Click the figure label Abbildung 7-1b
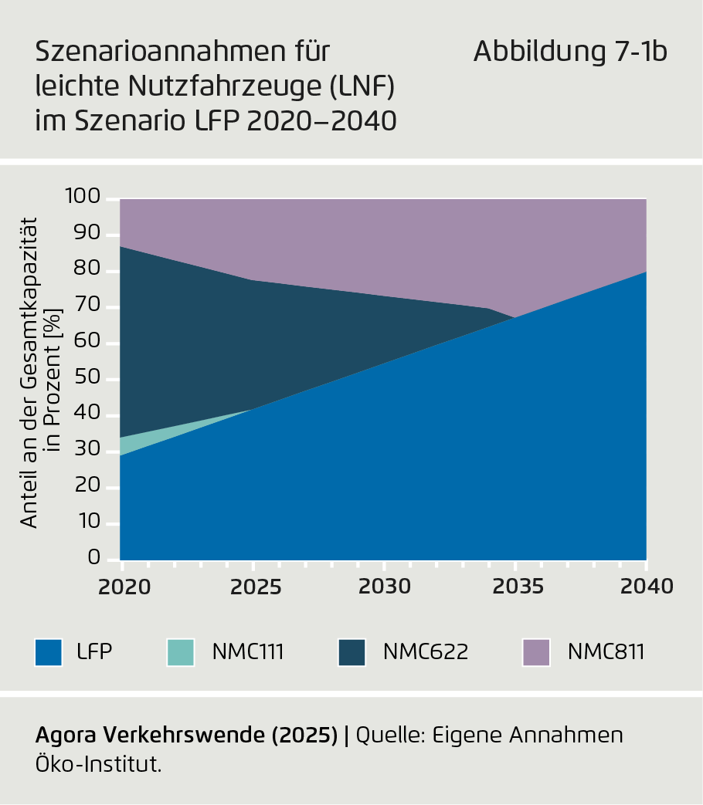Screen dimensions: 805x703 tap(570, 52)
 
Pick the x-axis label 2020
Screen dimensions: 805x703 tap(124, 587)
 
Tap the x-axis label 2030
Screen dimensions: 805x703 tap(384, 587)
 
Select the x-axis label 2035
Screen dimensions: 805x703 tap(516, 587)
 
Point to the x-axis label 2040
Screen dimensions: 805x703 tap(647, 587)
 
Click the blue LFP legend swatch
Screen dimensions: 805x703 tap(49, 652)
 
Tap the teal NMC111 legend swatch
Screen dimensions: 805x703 tap(180, 652)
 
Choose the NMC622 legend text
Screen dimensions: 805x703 tap(426, 652)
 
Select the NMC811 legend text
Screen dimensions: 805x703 tap(606, 652)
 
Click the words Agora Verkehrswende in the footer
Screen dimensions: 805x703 tap(151, 736)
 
